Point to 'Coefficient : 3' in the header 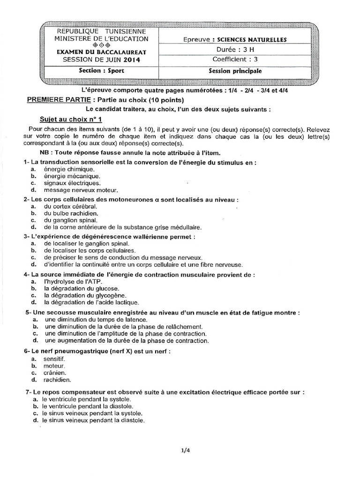pyautogui.click(x=235, y=59)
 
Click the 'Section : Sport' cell pyautogui.click(x=99, y=71)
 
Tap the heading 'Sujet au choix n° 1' pyautogui.click(x=70, y=120)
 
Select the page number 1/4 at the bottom pyautogui.click(x=185, y=450)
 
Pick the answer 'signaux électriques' pyautogui.click(x=72, y=183)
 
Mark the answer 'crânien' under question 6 pyautogui.click(x=54, y=372)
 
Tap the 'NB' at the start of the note pyautogui.click(x=44, y=153)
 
